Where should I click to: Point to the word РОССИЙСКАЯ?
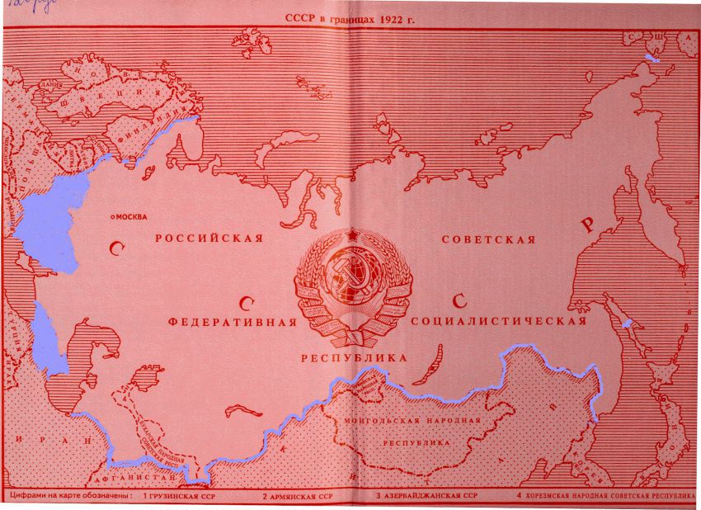tap(209, 238)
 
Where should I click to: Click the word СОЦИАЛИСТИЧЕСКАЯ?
tap(499, 321)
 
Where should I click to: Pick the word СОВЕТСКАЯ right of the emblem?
tap(488, 240)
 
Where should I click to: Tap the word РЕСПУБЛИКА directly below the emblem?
tap(354, 358)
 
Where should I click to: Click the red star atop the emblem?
tap(352, 237)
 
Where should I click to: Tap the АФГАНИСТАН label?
tap(137, 478)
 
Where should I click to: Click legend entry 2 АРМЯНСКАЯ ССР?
tap(298, 498)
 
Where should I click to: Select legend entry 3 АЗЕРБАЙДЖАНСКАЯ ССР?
tap(426, 497)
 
